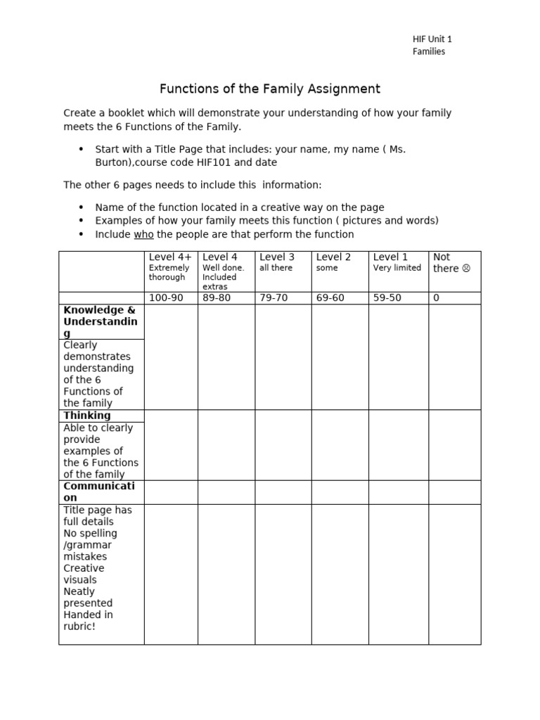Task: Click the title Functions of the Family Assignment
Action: pos(270,89)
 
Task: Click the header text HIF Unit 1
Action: pos(432,39)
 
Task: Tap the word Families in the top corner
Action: pos(428,51)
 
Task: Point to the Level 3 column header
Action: pos(277,257)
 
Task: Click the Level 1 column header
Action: pos(390,257)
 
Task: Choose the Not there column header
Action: pos(442,257)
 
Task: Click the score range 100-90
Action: pos(166,298)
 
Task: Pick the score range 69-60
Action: pos(330,298)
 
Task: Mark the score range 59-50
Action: pos(387,298)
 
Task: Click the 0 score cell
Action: pos(436,298)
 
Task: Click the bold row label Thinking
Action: pos(87,416)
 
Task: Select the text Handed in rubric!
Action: pos(88,620)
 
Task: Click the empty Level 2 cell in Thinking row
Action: pos(340,445)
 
